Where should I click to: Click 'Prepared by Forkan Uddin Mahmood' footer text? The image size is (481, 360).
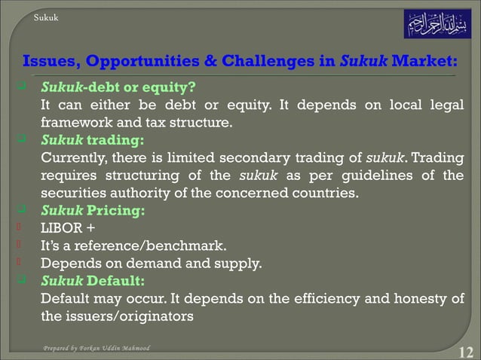coord(96,349)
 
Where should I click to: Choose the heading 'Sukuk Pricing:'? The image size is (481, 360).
coord(93,210)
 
